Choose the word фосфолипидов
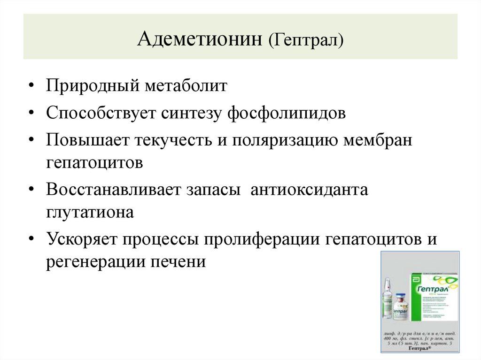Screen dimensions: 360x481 point(287,114)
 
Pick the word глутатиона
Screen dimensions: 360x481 point(90,212)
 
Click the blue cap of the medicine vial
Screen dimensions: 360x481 point(401,297)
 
